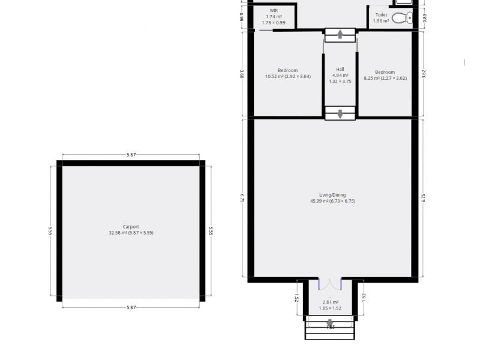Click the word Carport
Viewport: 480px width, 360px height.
click(x=131, y=227)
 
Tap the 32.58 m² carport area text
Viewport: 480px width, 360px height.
click(x=131, y=233)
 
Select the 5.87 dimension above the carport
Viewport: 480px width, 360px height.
click(x=131, y=155)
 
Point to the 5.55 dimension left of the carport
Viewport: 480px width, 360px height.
click(x=51, y=231)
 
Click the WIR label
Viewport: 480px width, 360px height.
click(x=274, y=11)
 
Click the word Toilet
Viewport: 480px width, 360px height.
click(x=381, y=15)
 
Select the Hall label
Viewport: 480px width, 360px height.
click(x=340, y=69)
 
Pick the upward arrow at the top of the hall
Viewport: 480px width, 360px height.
click(x=340, y=34)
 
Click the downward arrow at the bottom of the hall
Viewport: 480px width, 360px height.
click(x=340, y=113)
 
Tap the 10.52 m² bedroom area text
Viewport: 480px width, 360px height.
click(x=288, y=76)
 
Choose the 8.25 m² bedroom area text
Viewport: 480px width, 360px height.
click(x=385, y=78)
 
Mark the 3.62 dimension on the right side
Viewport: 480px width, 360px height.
click(x=424, y=74)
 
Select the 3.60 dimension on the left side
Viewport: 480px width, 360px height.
click(x=242, y=74)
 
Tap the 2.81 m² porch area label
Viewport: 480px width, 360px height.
click(x=331, y=302)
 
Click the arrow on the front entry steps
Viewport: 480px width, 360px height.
click(x=329, y=324)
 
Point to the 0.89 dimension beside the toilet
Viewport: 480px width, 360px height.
click(x=424, y=17)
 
